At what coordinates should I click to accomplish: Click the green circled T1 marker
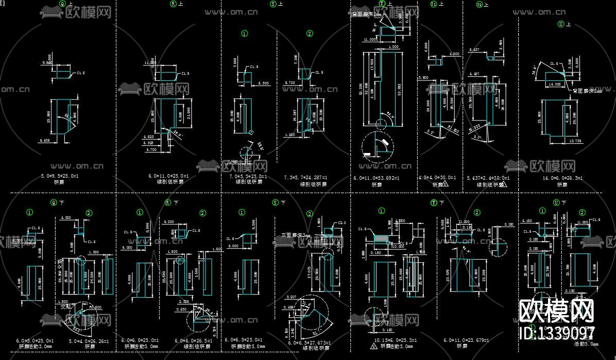(433, 4)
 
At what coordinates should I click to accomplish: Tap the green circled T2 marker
(479, 4)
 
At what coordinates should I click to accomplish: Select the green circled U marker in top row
(561, 24)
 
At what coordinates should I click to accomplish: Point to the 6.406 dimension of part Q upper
(45, 140)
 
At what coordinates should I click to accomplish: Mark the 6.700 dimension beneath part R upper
(151, 150)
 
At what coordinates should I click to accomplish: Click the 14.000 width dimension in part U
(554, 83)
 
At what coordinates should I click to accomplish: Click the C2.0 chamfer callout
(341, 223)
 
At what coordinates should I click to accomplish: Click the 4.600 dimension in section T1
(454, 54)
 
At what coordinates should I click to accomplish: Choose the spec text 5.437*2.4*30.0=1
(488, 178)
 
